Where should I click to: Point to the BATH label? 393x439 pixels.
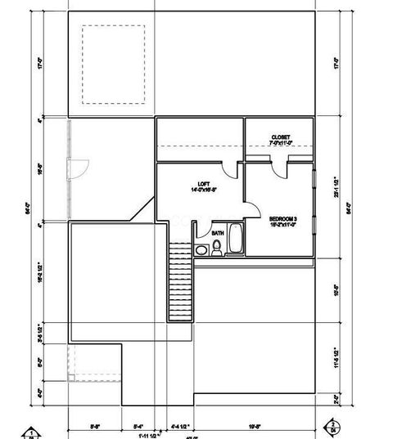[218, 233]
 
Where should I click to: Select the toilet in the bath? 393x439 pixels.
[217, 248]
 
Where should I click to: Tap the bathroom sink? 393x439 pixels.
[201, 249]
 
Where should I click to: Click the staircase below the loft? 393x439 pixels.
[179, 282]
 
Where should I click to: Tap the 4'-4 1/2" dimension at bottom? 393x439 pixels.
[180, 425]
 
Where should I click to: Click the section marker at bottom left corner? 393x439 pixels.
[30, 432]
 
